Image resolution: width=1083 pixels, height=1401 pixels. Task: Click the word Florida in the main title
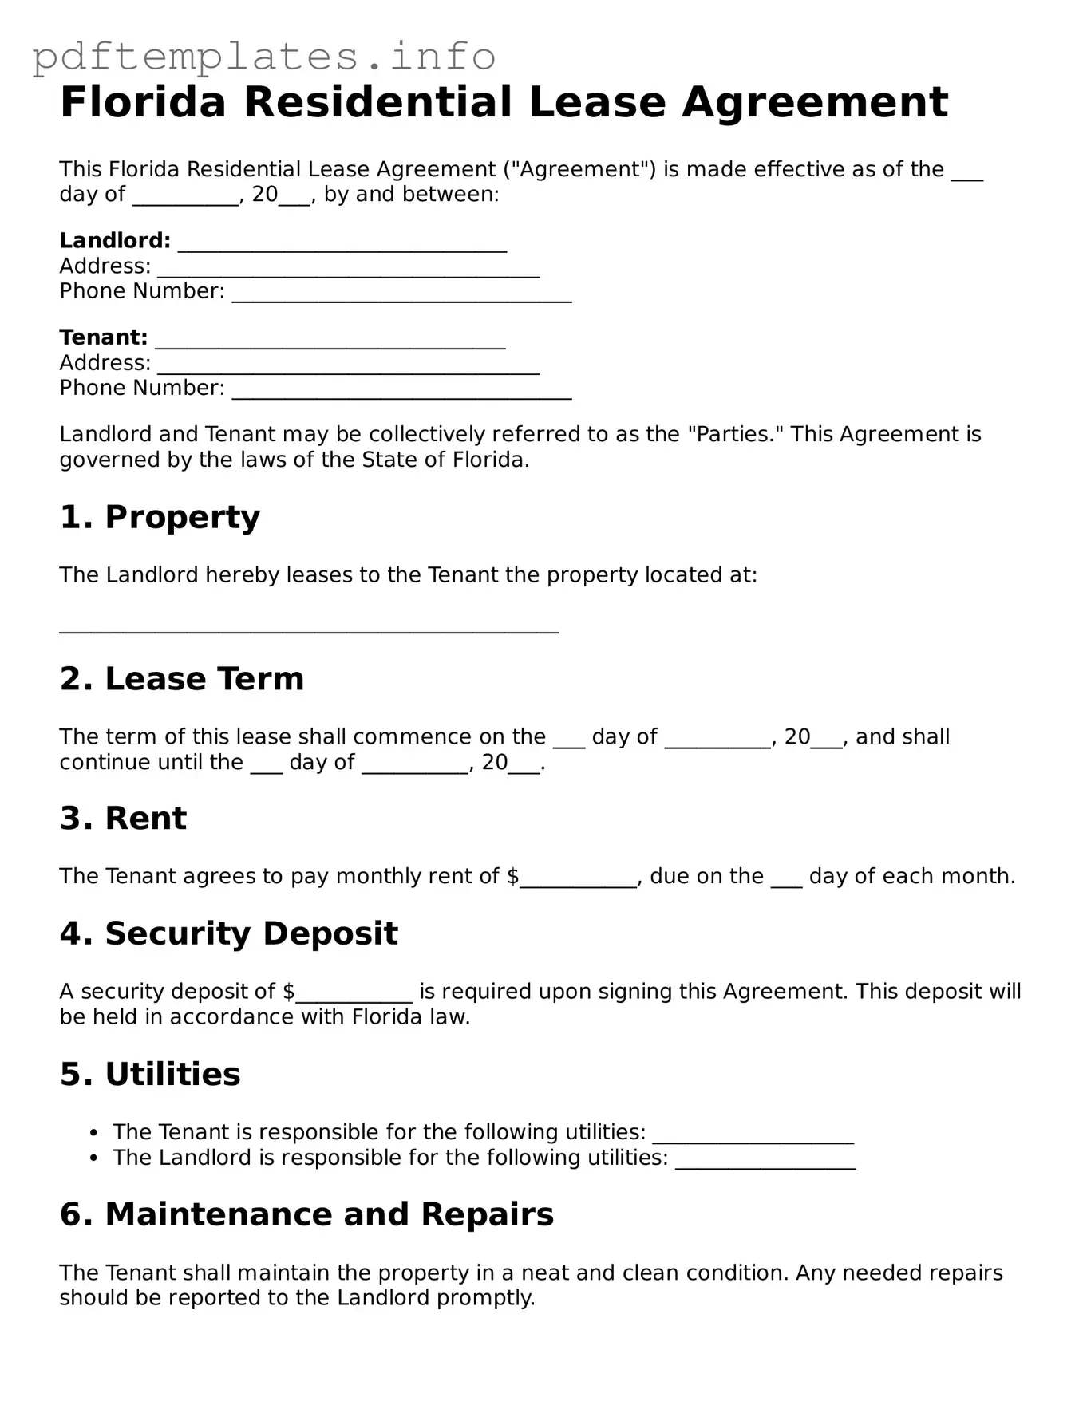coord(143,102)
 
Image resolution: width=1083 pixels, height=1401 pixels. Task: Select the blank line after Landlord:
coord(342,244)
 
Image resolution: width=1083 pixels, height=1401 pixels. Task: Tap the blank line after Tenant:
coord(330,341)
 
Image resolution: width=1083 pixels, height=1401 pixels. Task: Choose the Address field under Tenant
coord(348,366)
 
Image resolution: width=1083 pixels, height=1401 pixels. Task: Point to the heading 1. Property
coord(160,517)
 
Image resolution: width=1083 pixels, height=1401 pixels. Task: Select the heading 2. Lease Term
coord(182,679)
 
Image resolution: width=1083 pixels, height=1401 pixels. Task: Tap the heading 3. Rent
coord(123,819)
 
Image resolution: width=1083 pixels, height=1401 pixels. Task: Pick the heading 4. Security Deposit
coord(228,933)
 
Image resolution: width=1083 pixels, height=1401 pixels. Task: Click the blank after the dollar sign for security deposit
coord(354,995)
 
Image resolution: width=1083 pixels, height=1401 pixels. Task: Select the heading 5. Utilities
coord(150,1074)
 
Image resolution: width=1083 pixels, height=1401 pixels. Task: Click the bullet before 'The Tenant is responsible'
coord(95,1133)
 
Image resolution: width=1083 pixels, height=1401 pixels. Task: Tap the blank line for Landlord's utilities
coord(765,1162)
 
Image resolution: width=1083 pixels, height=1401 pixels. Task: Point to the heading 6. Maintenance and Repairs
coord(306,1214)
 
